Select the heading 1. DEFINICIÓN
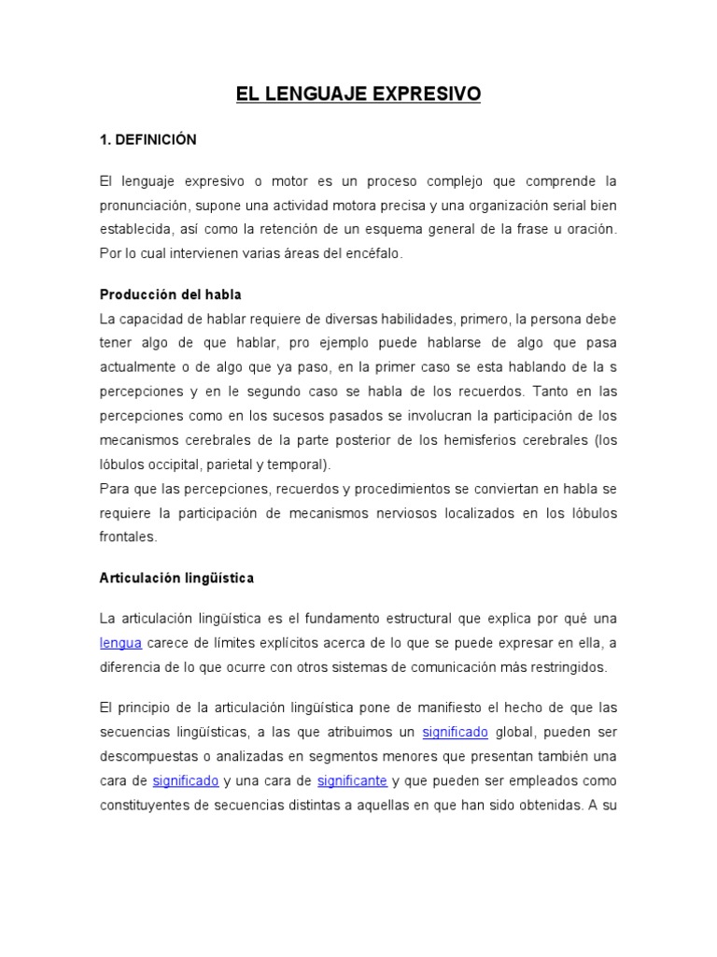tap(148, 139)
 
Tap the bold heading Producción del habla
tap(171, 294)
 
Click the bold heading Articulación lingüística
tap(176, 578)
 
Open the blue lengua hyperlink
tap(120, 642)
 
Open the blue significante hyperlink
tap(353, 779)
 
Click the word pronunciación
tap(148, 204)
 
